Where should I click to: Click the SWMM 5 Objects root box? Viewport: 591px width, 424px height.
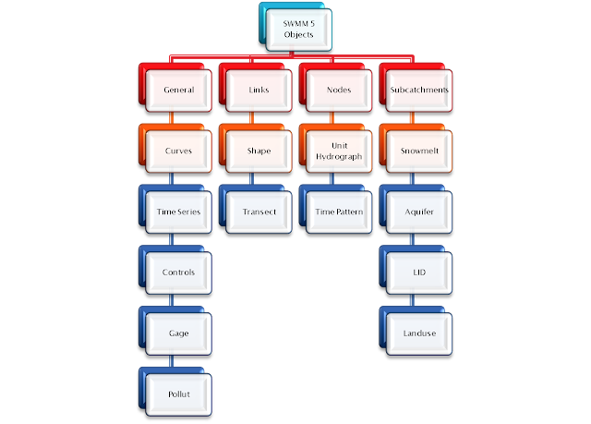tap(299, 29)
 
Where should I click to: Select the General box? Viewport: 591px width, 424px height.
tap(177, 91)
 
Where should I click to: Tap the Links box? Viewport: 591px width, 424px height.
tap(259, 91)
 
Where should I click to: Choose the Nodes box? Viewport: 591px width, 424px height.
tap(338, 91)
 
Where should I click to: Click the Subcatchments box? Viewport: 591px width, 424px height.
tap(419, 91)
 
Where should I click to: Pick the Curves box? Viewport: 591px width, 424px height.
tap(177, 151)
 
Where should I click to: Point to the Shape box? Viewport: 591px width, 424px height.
tap(259, 151)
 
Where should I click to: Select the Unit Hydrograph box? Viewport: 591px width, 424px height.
tap(338, 151)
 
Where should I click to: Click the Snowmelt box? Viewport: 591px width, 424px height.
tap(419, 151)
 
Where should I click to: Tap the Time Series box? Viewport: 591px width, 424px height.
tap(177, 212)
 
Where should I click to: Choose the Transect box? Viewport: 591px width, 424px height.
tap(259, 212)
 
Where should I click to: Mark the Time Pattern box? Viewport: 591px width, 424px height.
tap(338, 212)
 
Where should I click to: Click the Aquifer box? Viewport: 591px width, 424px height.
tap(419, 212)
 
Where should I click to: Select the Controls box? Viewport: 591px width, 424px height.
tap(177, 273)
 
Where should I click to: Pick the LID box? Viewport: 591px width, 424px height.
tap(419, 273)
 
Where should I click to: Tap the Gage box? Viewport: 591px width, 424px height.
tap(177, 332)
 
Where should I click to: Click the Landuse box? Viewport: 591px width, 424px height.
tap(419, 332)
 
